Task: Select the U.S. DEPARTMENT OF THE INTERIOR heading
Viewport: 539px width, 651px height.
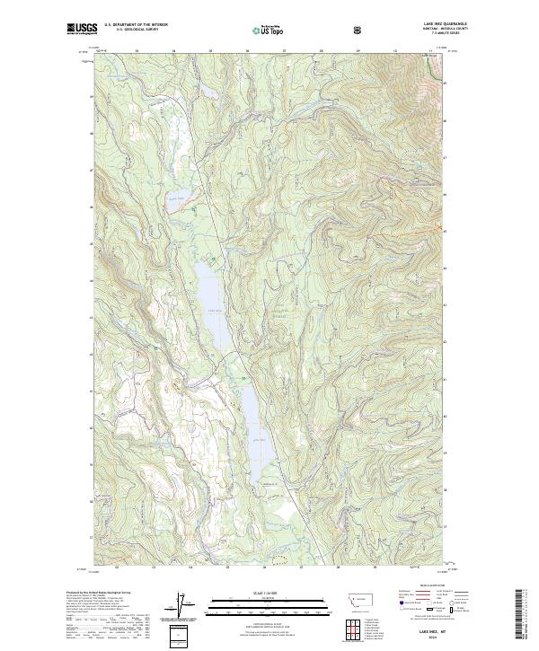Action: tap(136, 25)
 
